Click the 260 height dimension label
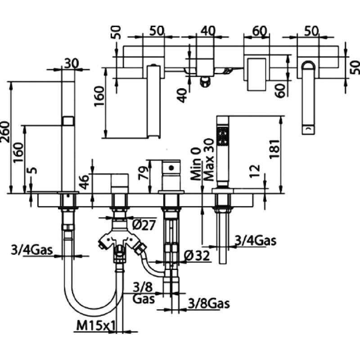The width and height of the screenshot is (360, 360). [5, 132]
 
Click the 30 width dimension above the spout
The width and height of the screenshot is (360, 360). [72, 63]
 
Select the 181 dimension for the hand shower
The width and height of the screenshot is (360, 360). [275, 148]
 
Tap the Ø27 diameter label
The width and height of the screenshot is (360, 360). [144, 225]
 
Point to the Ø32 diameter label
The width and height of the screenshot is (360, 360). [197, 255]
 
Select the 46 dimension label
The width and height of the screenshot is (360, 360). [85, 182]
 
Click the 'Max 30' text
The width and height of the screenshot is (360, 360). [209, 160]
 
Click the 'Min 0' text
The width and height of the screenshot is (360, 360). [196, 164]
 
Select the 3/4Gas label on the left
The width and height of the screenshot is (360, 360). [32, 250]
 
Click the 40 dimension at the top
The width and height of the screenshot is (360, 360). [208, 31]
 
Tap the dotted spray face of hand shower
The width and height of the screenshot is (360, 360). [222, 135]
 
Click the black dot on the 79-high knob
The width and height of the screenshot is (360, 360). [171, 168]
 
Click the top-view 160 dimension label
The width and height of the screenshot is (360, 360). [99, 95]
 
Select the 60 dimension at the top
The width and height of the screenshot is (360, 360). [260, 31]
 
